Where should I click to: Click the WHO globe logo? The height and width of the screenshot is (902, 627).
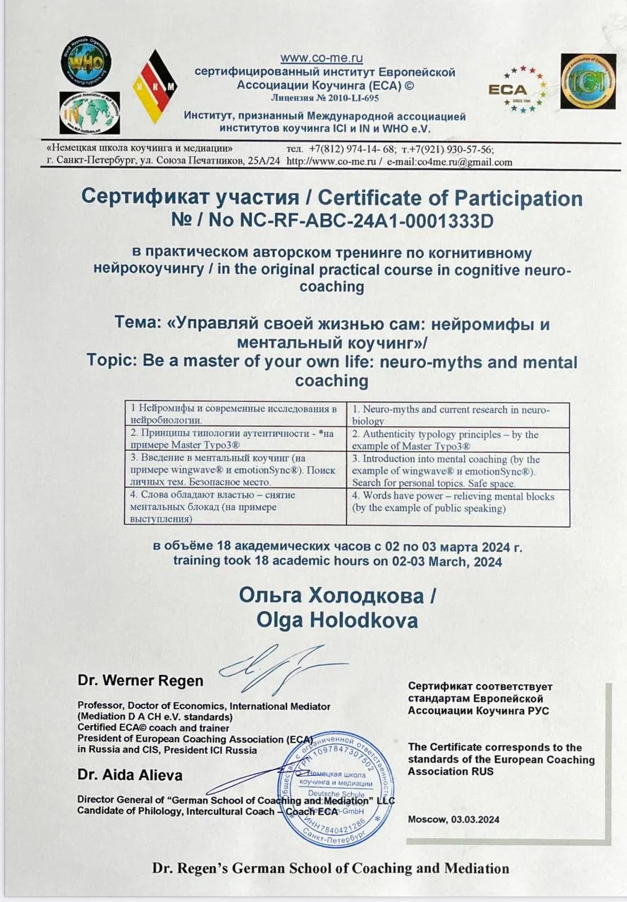85,61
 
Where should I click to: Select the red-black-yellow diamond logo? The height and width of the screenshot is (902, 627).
154,87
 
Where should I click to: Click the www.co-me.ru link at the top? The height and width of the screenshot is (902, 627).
322,58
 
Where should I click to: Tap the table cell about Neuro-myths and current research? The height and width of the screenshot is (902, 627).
457,414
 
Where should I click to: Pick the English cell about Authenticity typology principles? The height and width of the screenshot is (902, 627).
457,440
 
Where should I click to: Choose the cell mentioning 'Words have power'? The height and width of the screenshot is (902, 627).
457,502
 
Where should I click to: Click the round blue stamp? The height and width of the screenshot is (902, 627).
335,789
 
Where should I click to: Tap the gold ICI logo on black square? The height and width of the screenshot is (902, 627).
588,81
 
